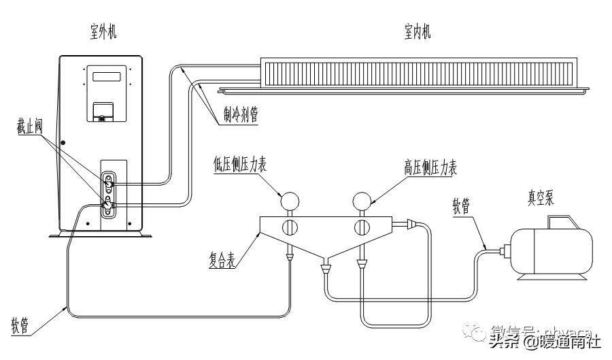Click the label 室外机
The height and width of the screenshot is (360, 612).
point(103,31)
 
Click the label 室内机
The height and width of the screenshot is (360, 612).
point(417,31)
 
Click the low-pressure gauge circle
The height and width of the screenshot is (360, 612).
point(290,200)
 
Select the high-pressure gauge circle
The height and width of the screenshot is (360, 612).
point(361,200)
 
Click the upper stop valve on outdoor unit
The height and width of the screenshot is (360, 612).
point(109,182)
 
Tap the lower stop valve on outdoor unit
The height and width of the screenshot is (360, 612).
point(108,205)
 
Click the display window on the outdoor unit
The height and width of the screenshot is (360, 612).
point(107,75)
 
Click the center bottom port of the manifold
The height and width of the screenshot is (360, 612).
point(326,267)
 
